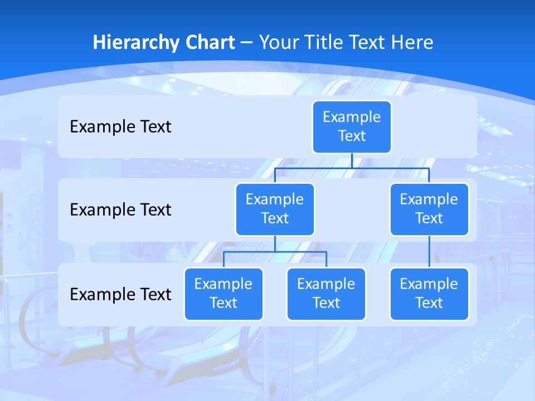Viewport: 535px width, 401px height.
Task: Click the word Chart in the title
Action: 210,42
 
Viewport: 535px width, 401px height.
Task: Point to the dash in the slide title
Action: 247,43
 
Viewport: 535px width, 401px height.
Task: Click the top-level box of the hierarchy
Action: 352,127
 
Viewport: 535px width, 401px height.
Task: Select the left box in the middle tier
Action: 275,209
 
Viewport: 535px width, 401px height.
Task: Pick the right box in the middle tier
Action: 429,209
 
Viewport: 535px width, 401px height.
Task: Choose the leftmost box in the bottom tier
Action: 223,294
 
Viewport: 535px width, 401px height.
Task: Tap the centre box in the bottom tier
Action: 326,294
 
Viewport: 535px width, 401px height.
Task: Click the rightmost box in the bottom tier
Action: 429,294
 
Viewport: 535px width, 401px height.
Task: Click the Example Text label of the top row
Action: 120,127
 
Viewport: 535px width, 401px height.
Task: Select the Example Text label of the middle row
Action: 120,210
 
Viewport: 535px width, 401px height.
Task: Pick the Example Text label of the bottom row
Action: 120,294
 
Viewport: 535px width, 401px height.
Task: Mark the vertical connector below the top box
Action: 352,160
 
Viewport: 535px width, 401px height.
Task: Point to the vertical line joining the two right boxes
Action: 429,252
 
